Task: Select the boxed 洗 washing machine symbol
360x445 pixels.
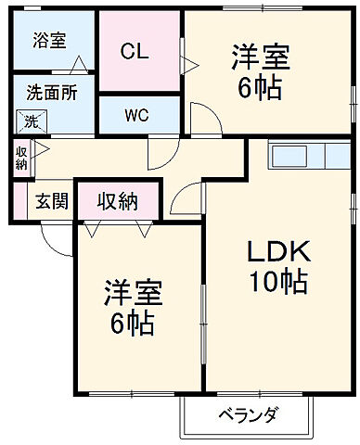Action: click(x=31, y=121)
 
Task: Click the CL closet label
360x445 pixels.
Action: click(x=136, y=51)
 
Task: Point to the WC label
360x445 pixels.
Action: click(x=137, y=116)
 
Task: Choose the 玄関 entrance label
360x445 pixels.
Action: click(x=51, y=201)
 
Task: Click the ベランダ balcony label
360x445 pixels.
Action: click(x=249, y=413)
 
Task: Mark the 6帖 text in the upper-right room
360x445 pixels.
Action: click(x=260, y=90)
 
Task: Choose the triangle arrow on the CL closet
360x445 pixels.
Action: click(x=190, y=64)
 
